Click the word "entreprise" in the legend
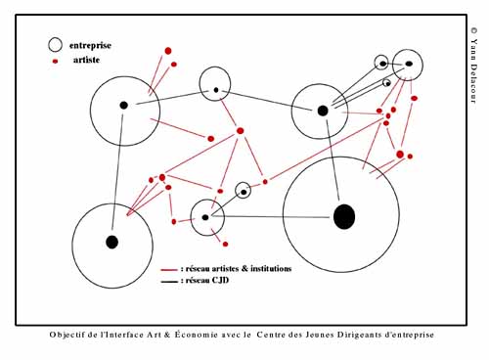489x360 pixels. [90, 45]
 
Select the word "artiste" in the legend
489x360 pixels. [86, 60]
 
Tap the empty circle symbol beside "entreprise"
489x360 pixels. [55, 45]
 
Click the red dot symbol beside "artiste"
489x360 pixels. [55, 61]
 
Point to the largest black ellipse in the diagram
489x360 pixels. [344, 217]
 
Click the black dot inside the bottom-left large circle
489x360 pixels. [111, 242]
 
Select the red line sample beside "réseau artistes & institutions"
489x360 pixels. [169, 270]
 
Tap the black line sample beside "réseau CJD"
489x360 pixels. [169, 281]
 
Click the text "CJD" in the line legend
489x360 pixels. [220, 280]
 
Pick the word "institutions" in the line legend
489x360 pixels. [270, 269]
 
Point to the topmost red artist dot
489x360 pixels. [168, 51]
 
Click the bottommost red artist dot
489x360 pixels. [225, 244]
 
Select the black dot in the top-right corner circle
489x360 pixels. [409, 64]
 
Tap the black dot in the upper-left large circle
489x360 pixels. [123, 106]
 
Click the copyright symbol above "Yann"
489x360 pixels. [473, 30]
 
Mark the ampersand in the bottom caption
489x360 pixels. [167, 335]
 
